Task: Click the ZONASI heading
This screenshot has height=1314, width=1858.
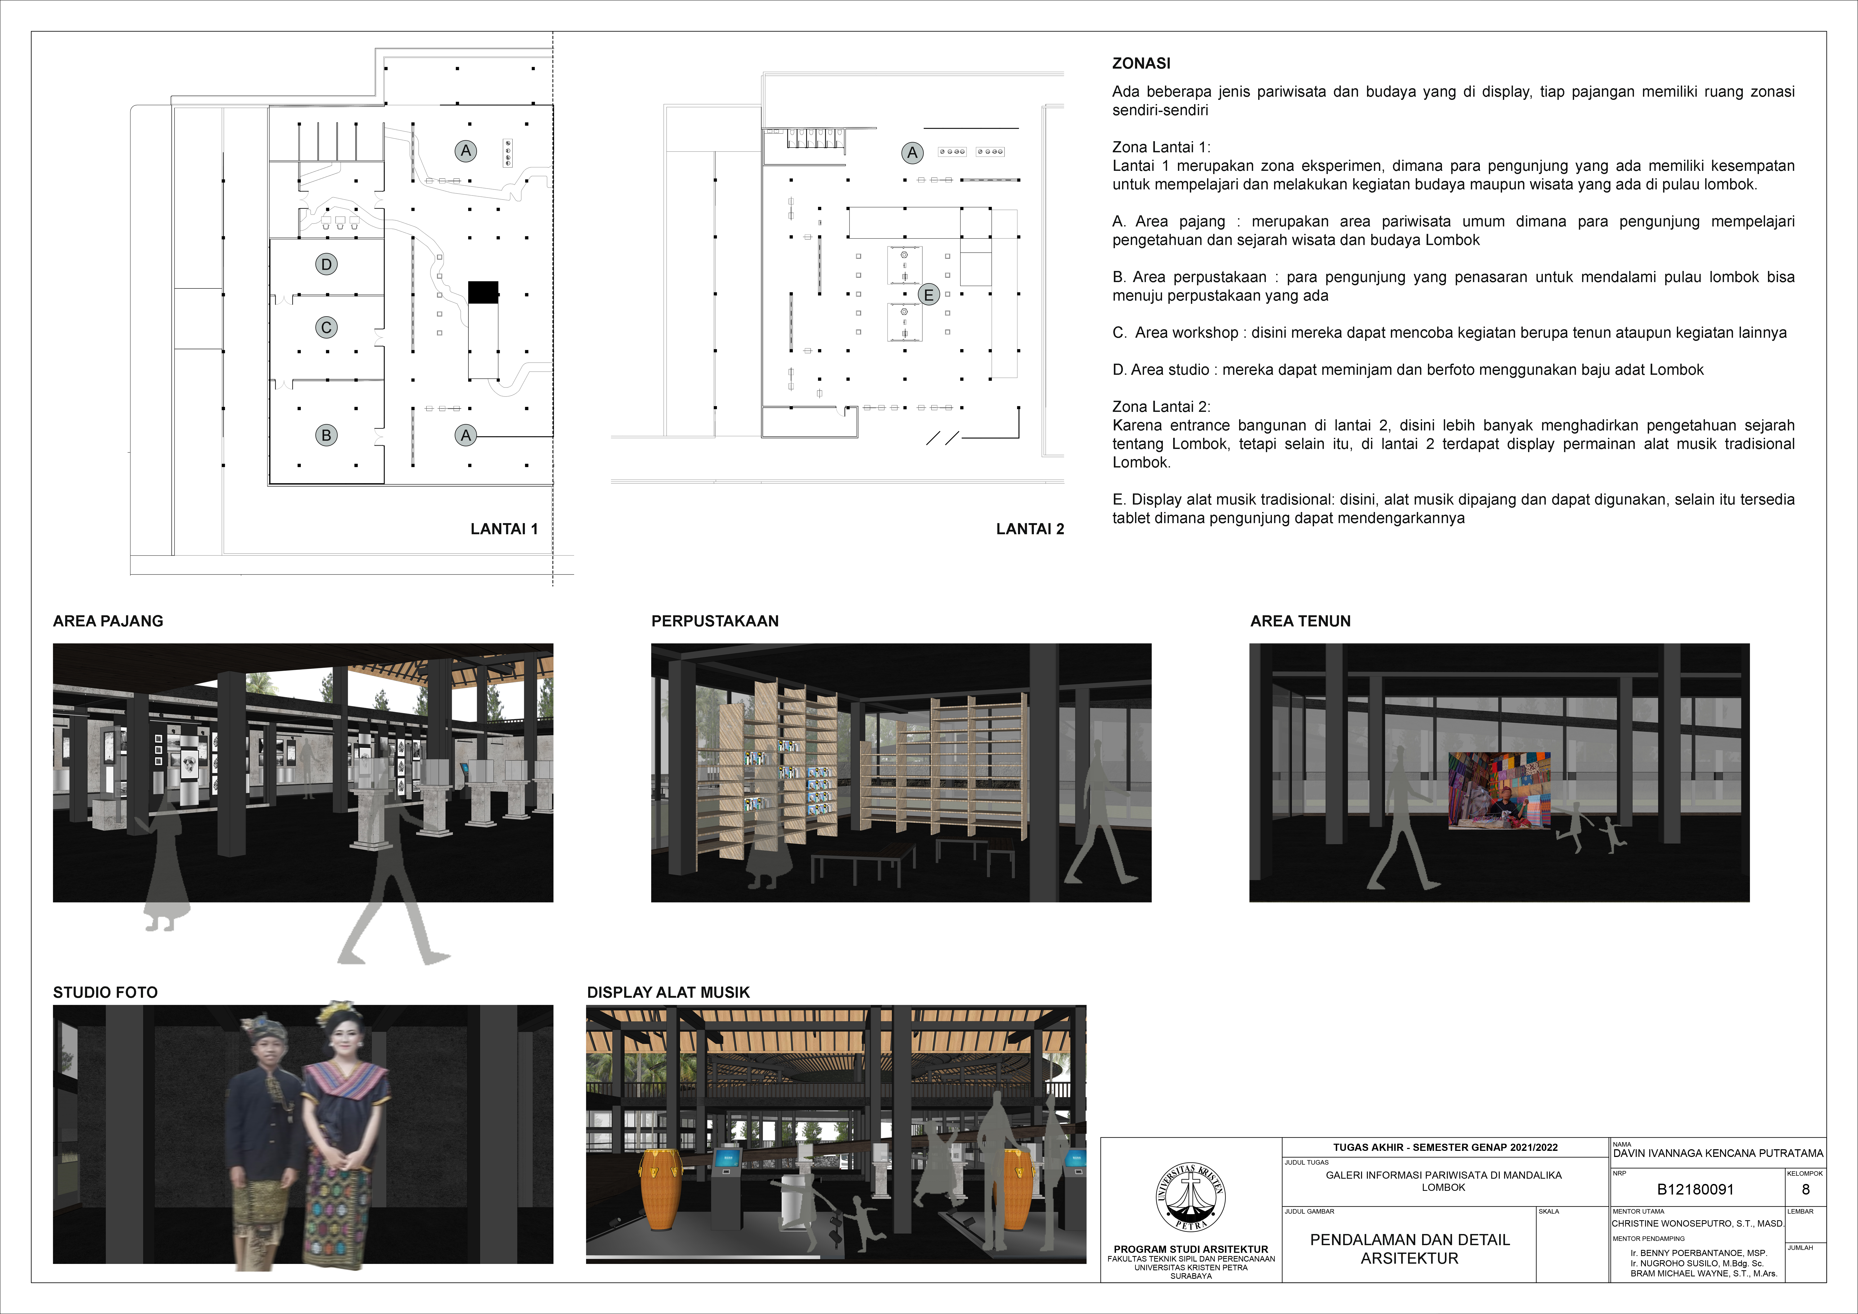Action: pos(1141,63)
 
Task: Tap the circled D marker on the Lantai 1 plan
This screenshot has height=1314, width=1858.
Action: pos(326,264)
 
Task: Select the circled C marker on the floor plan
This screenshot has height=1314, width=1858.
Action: pos(326,327)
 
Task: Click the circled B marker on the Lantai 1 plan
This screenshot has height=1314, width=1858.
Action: pos(326,435)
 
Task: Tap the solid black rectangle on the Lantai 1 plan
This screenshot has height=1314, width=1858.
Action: pos(483,292)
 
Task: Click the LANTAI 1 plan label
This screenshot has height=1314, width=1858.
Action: pos(504,529)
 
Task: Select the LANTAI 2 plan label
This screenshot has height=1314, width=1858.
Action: pos(1030,529)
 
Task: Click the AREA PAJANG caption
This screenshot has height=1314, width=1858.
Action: pos(108,621)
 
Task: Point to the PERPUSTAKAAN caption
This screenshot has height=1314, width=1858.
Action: pos(714,621)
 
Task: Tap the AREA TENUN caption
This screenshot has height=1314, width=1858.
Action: pos(1301,621)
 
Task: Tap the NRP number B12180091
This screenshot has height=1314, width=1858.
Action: pos(1695,1189)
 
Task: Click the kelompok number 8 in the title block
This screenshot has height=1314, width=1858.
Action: pos(1805,1189)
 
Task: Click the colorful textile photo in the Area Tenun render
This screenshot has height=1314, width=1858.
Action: pos(1499,789)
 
